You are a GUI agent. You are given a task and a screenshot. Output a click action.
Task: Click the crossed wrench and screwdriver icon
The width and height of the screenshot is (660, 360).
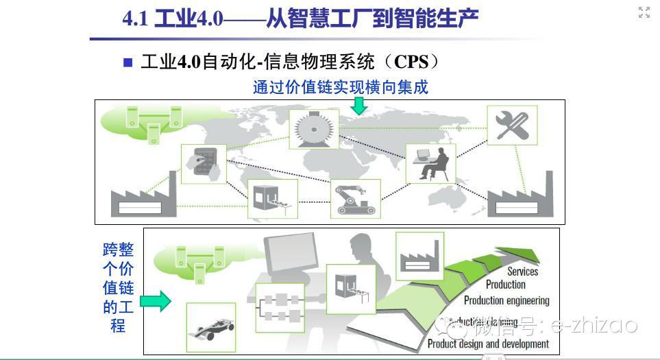click(512, 125)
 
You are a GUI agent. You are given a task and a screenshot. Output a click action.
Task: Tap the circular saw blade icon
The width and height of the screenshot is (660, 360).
click(314, 129)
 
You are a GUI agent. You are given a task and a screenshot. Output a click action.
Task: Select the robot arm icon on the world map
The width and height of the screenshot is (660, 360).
click(354, 197)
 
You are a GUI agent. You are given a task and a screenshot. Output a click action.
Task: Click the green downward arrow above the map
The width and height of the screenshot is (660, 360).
click(358, 106)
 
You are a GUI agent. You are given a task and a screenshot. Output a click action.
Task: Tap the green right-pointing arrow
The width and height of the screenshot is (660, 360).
click(155, 300)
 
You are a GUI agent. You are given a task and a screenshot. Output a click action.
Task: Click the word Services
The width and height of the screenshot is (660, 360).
click(522, 272)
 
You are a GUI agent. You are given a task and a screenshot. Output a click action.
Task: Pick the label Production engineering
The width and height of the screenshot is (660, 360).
click(506, 300)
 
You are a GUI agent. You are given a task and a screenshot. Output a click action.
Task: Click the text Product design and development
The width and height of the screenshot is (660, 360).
click(488, 344)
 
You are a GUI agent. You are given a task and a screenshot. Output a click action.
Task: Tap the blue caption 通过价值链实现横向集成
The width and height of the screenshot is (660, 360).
click(340, 87)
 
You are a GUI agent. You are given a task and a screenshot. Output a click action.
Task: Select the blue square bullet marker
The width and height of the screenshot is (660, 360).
click(127, 62)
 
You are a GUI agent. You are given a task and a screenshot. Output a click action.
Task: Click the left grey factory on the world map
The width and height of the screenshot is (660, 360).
click(143, 196)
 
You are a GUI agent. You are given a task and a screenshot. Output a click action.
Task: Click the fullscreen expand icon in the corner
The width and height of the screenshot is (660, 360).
click(644, 12)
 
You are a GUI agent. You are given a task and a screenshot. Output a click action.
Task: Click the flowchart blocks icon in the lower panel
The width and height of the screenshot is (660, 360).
click(279, 304)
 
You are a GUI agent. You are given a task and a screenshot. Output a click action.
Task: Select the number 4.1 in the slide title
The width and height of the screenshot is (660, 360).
click(136, 18)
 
